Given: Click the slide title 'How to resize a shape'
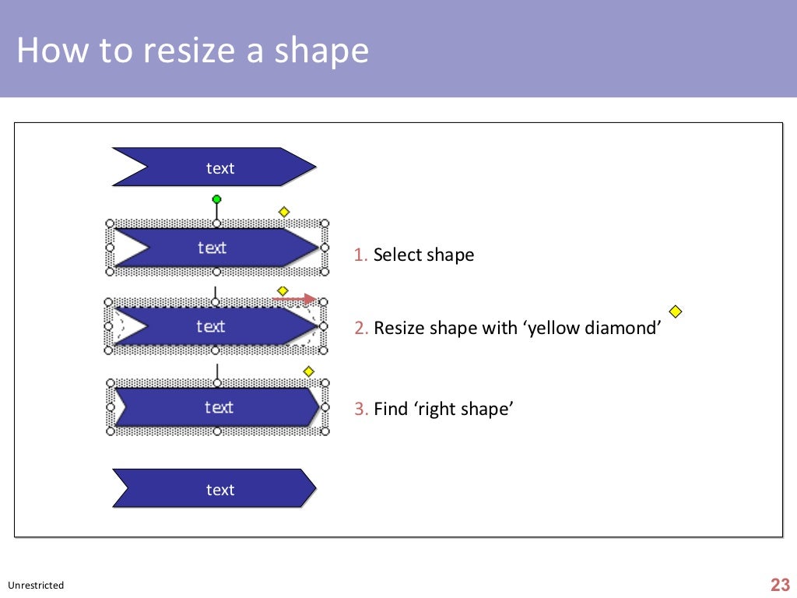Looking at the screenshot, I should (192, 51).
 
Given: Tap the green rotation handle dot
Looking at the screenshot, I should (216, 199).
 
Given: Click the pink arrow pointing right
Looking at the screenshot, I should (295, 299).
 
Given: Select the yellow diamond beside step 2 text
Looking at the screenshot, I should (676, 311).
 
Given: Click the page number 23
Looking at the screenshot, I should (780, 586).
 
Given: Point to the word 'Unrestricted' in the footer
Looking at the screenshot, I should (36, 586).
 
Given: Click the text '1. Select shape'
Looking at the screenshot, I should (414, 255).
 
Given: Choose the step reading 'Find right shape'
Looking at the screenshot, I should (434, 409).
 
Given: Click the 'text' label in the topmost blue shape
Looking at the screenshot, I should (220, 168).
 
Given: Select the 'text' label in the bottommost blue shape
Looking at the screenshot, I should (220, 490).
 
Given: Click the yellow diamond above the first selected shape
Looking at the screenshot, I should (284, 212).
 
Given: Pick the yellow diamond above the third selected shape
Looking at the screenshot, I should (308, 371).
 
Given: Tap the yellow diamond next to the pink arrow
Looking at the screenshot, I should (283, 290).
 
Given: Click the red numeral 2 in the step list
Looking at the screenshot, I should (360, 328).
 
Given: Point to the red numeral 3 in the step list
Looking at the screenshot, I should (360, 409).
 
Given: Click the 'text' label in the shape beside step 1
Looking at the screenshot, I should (212, 248).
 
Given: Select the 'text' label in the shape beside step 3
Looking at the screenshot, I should (219, 407).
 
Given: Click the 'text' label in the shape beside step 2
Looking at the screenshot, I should (211, 326).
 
